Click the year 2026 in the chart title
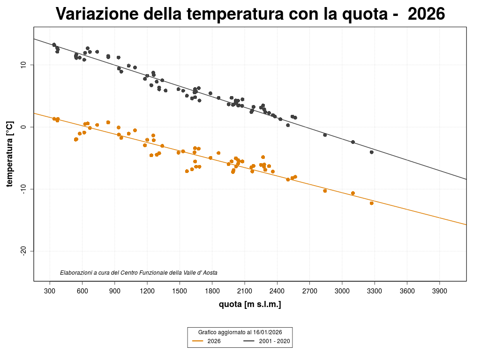click(x=426, y=15)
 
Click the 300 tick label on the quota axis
click(x=50, y=291)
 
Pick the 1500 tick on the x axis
click(x=180, y=291)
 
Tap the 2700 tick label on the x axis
click(x=309, y=291)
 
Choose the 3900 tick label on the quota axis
click(x=439, y=291)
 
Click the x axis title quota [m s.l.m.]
click(x=250, y=305)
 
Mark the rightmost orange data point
click(x=372, y=203)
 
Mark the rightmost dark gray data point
click(x=372, y=152)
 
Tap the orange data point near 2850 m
click(x=325, y=191)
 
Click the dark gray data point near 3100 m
click(x=353, y=142)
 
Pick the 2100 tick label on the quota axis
click(x=245, y=291)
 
